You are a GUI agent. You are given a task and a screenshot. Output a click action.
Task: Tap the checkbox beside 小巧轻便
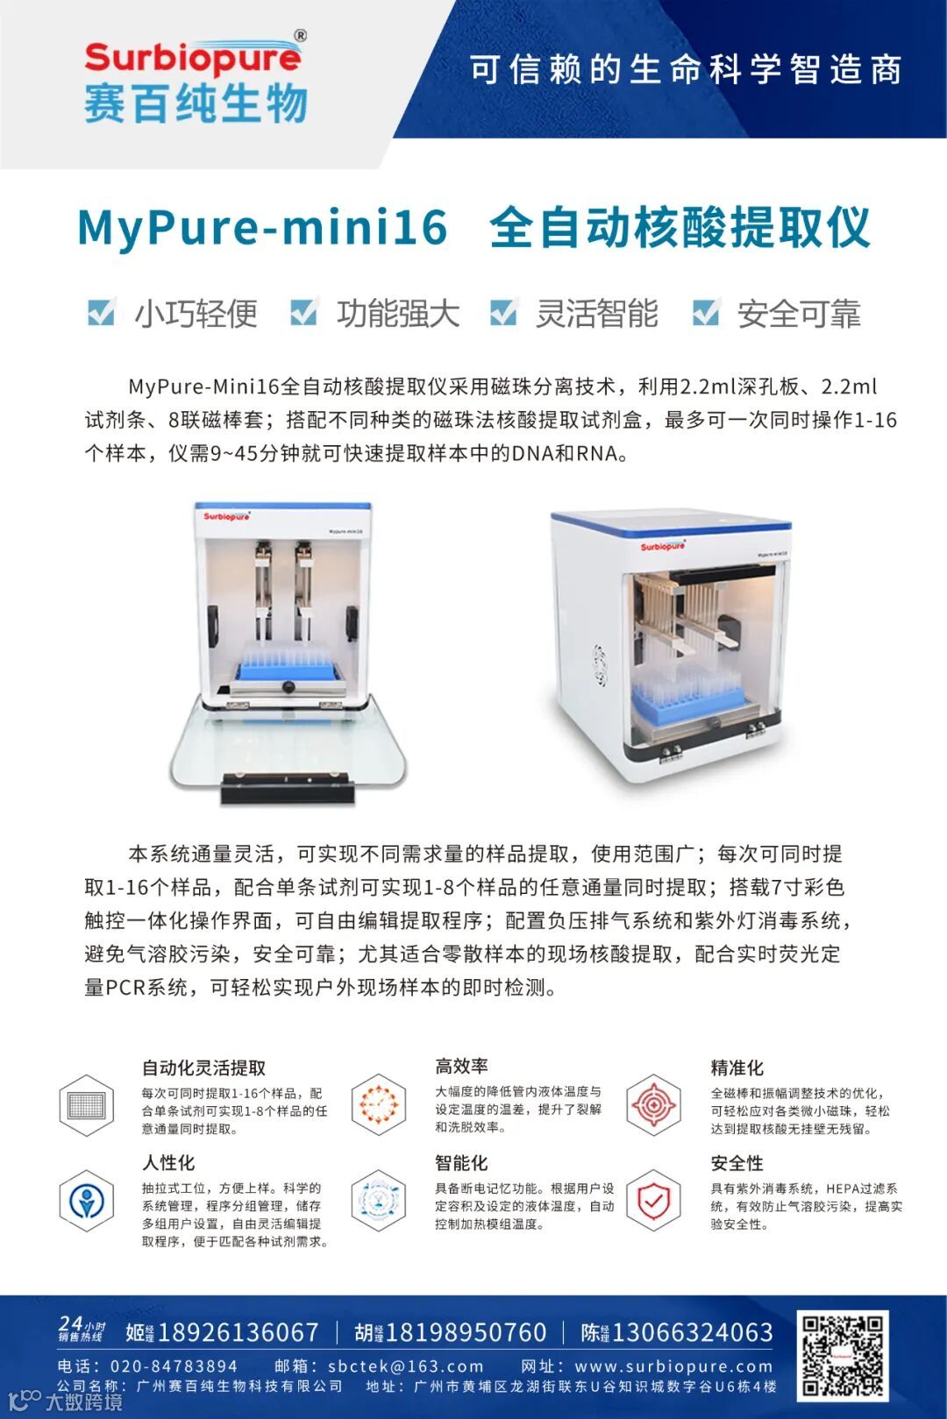click(102, 312)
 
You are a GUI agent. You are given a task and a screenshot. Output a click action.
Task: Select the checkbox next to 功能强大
click(303, 312)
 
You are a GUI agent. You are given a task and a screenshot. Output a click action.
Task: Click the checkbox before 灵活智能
click(504, 312)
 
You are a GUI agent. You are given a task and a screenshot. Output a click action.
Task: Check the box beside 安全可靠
click(706, 312)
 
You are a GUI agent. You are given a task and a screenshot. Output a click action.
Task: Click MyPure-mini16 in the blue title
click(262, 228)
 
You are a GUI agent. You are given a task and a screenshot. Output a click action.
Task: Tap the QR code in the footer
click(842, 1356)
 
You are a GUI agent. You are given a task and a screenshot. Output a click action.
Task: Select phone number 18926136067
click(238, 1332)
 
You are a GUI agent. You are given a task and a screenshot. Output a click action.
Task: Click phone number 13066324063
click(693, 1332)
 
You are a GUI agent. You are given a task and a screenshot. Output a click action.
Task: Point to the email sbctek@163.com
click(406, 1366)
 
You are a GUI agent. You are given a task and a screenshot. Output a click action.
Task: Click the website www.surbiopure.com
click(673, 1366)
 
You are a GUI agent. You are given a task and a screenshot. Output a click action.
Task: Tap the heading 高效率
click(461, 1066)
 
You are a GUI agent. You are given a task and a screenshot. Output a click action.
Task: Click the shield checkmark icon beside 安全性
click(653, 1201)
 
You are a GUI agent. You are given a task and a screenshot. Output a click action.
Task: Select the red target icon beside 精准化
click(653, 1105)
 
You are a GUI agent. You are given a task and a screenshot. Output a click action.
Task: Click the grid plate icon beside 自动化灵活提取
click(86, 1105)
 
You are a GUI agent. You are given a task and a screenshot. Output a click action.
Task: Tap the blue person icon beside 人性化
click(86, 1201)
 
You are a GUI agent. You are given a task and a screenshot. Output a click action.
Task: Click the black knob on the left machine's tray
click(288, 686)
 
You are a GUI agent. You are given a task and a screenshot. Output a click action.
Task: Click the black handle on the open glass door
click(287, 788)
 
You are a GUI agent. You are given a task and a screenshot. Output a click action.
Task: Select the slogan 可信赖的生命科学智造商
click(685, 69)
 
